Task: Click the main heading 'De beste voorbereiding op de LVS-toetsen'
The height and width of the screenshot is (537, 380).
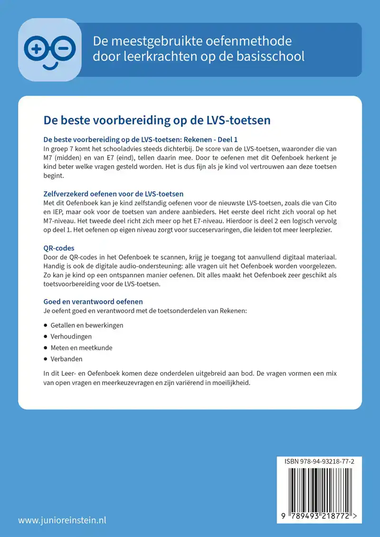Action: pyautogui.click(x=157, y=120)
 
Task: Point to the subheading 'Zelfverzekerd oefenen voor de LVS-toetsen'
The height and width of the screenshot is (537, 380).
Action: pyautogui.click(x=113, y=194)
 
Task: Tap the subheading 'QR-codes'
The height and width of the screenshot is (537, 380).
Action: pyautogui.click(x=59, y=248)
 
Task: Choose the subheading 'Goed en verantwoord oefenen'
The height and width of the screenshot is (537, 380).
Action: pyautogui.click(x=93, y=301)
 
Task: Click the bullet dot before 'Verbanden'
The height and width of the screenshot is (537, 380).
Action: pyautogui.click(x=46, y=359)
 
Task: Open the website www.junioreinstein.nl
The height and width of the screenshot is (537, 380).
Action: pyautogui.click(x=62, y=520)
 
